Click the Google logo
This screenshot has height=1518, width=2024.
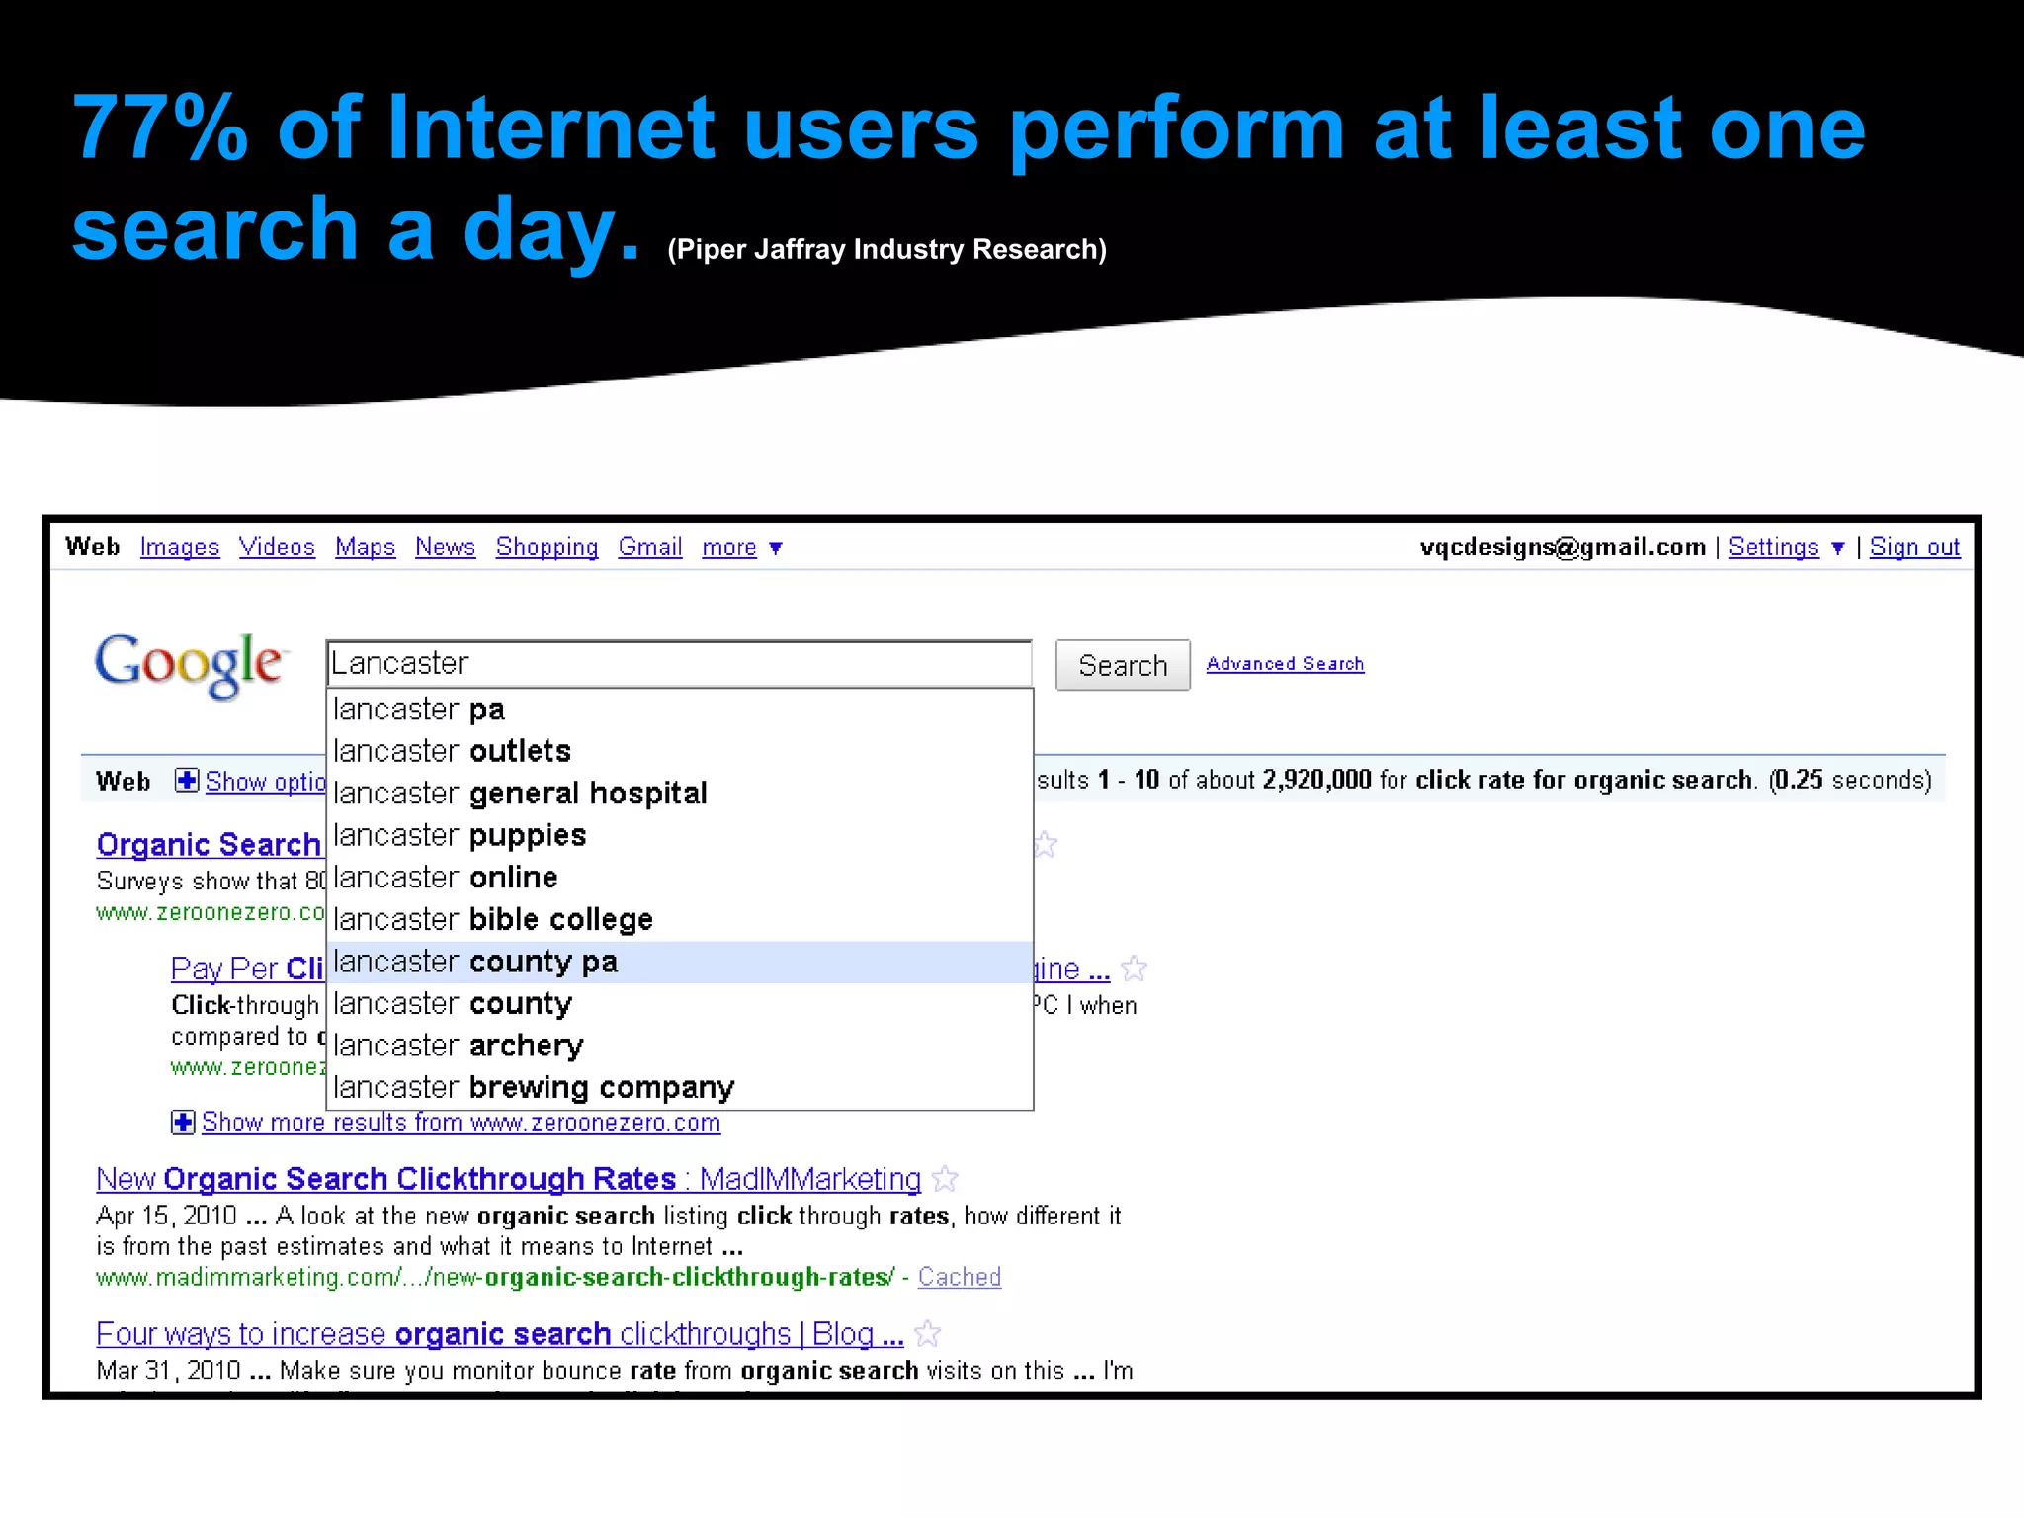pos(191,664)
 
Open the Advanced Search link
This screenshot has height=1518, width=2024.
pos(1285,664)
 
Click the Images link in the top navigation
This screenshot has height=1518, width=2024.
pos(179,548)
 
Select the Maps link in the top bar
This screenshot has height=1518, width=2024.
pos(365,548)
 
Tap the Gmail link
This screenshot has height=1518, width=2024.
pos(649,548)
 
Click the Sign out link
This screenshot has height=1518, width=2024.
pos(1914,548)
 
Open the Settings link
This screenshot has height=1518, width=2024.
pos(1773,548)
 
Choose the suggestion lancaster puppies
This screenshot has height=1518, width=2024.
pos(461,836)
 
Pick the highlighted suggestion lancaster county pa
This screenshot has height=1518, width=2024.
pos(476,962)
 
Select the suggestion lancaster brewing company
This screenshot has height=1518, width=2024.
pos(534,1088)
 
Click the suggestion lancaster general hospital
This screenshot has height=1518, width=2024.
pos(521,794)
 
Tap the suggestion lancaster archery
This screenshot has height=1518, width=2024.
pos(459,1046)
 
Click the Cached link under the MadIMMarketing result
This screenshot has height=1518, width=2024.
pos(959,1277)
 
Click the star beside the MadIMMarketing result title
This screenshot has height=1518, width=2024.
pos(946,1179)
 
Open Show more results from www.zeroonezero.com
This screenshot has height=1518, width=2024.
pos(461,1123)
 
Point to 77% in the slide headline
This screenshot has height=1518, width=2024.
pos(160,128)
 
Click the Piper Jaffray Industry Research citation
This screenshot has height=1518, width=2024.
pos(886,249)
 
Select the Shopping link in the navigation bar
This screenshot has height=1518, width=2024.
pos(547,548)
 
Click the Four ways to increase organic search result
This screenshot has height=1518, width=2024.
pos(499,1334)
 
